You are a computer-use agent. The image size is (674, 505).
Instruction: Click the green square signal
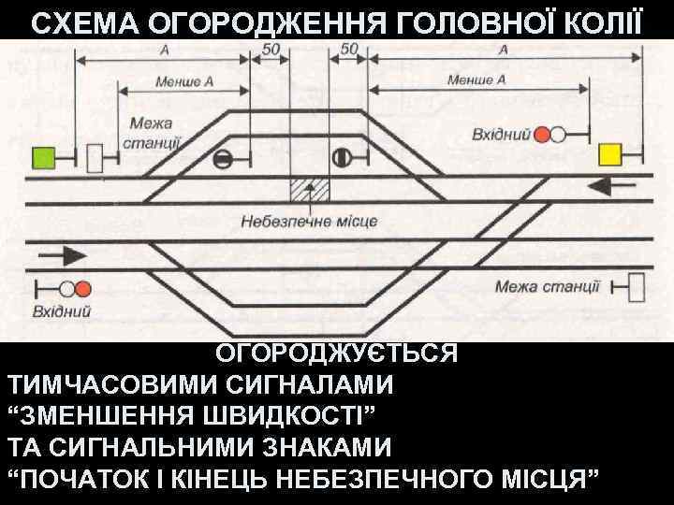click(x=43, y=157)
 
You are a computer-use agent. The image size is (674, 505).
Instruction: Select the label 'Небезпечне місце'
click(x=308, y=223)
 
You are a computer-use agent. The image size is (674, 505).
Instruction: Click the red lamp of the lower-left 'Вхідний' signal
click(x=82, y=288)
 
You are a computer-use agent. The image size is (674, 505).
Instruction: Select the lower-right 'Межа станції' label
click(x=548, y=286)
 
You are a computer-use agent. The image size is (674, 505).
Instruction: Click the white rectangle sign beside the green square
click(x=95, y=159)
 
